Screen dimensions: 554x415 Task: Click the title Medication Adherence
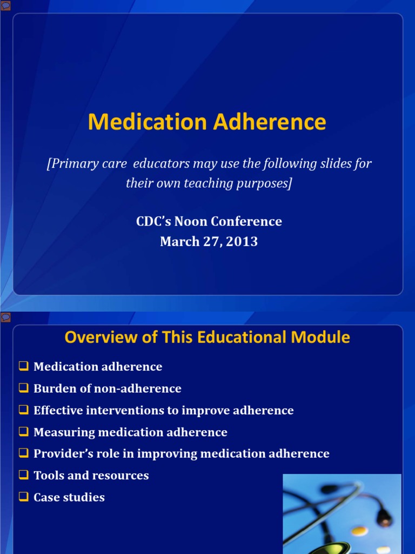[207, 122]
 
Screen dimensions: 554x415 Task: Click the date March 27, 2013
[209, 242]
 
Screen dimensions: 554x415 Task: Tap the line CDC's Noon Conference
[209, 221]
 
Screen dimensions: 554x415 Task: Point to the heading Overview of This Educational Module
[207, 338]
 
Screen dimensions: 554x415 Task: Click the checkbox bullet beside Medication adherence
[23, 366]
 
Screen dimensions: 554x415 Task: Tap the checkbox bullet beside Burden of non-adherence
[23, 388]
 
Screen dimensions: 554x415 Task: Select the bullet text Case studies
[69, 497]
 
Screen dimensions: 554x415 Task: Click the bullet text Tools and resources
[91, 476]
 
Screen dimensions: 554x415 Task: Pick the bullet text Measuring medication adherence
[130, 432]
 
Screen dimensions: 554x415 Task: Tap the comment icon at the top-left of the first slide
[5, 5]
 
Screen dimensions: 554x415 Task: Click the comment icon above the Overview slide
[5, 316]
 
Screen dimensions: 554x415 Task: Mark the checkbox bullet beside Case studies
[23, 497]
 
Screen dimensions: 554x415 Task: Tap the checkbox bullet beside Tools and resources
[23, 476]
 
